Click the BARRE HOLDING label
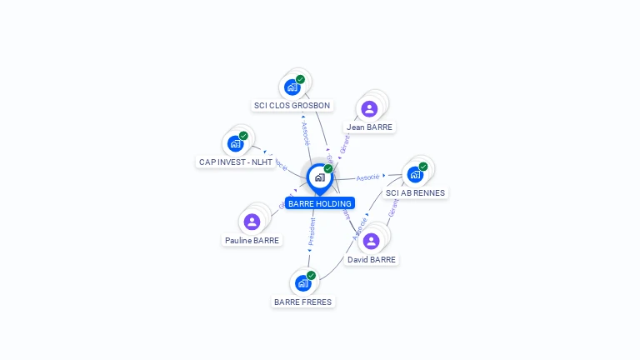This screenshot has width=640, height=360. [x=320, y=203]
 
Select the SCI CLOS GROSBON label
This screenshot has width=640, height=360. [x=292, y=106]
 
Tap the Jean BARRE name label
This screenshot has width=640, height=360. [x=369, y=127]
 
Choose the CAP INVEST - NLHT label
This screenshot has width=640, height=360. [x=235, y=162]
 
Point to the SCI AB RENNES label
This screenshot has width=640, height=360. [x=416, y=193]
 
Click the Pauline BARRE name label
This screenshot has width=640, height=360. [x=252, y=241]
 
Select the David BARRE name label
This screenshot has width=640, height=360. [x=372, y=260]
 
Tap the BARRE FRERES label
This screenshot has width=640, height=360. [x=302, y=302]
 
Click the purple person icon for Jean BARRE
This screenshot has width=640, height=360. [x=369, y=108]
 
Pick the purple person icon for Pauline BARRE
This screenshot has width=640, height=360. [x=252, y=222]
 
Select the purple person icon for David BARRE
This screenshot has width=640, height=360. [x=372, y=241]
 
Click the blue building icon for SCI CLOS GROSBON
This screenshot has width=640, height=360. [x=292, y=87]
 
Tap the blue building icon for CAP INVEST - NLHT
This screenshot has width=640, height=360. [x=235, y=143]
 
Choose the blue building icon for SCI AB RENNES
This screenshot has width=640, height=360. [x=414, y=175]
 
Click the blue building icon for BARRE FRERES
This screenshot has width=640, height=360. [x=302, y=283]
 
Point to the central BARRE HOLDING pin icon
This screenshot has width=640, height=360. [x=319, y=177]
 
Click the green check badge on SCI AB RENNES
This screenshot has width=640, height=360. [x=423, y=167]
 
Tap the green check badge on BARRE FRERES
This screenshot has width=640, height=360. [x=311, y=275]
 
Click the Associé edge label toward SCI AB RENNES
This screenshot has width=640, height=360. [x=367, y=177]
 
